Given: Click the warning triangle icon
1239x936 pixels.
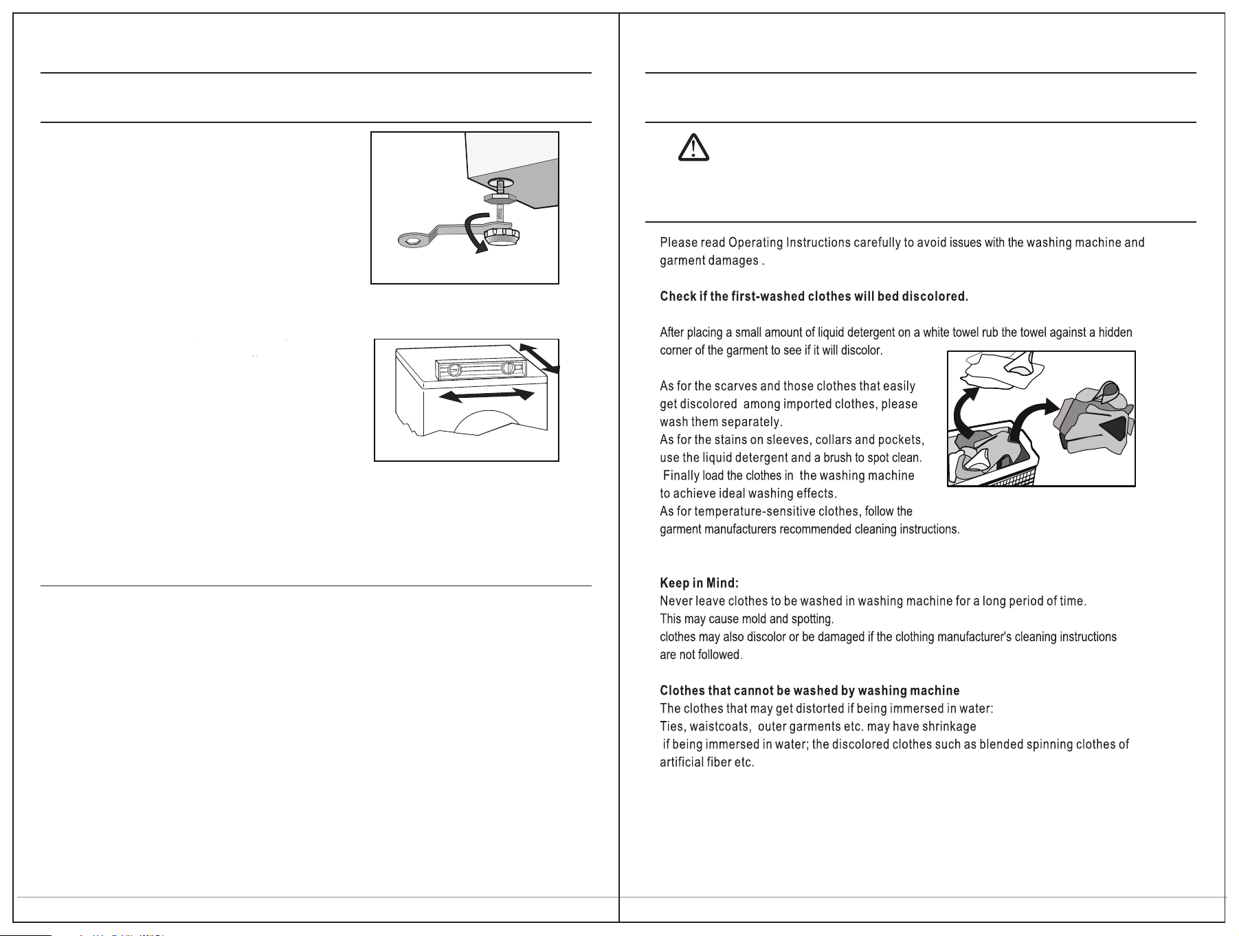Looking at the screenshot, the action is (x=693, y=147).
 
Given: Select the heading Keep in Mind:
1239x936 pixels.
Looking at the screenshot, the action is (x=699, y=583).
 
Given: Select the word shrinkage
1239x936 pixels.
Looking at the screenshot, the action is (x=949, y=727).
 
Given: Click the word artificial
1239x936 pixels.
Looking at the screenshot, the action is (x=681, y=763).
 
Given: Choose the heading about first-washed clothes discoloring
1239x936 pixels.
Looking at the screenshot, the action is (x=814, y=297).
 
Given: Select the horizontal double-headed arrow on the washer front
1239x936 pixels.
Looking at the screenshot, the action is (x=487, y=395).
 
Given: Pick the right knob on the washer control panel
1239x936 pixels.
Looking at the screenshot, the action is (x=509, y=369).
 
